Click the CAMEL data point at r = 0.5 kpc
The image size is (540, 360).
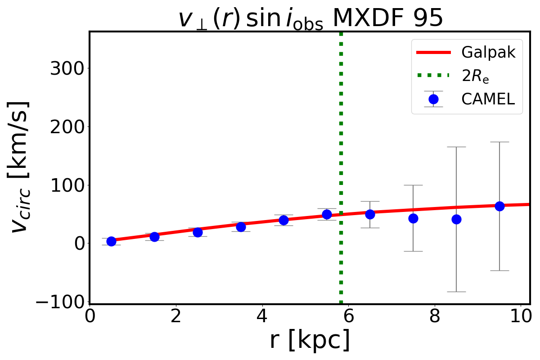click(x=111, y=241)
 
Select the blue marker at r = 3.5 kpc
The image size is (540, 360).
click(x=241, y=227)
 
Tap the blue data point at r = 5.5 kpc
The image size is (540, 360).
click(x=327, y=214)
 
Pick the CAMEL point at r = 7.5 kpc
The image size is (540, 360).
click(x=413, y=218)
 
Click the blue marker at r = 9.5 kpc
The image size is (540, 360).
click(x=499, y=206)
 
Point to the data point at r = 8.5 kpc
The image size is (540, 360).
click(x=456, y=219)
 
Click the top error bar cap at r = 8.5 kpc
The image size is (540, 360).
click(x=456, y=147)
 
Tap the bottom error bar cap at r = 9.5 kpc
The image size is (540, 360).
click(x=499, y=270)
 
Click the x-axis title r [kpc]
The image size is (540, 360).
click(x=310, y=341)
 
